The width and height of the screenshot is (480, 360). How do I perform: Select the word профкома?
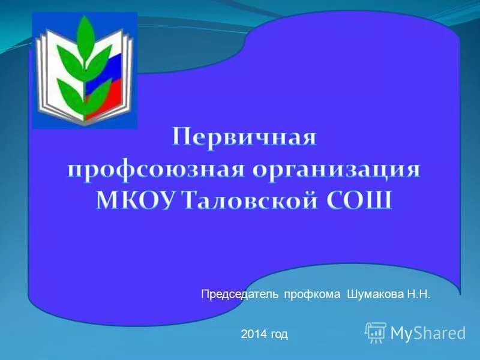[313, 295]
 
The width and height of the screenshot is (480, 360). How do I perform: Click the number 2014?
[252, 334]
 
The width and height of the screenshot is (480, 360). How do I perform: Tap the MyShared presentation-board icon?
[376, 332]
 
